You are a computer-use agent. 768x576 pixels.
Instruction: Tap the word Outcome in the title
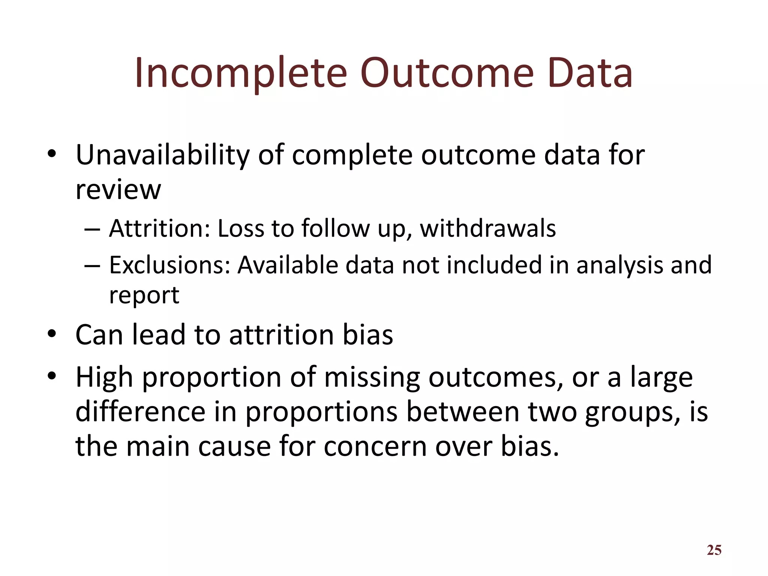click(x=447, y=73)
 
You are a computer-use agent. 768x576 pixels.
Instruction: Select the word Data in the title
click(x=589, y=73)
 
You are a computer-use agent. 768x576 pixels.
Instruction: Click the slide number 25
click(x=714, y=550)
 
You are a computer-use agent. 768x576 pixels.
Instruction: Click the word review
click(x=118, y=189)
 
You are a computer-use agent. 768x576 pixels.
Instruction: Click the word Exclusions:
click(x=169, y=265)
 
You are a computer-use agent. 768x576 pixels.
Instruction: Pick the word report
click(x=144, y=295)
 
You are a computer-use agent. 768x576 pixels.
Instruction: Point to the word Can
click(x=99, y=334)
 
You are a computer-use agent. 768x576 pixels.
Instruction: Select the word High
click(x=104, y=377)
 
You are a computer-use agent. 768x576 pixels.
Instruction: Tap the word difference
click(x=140, y=412)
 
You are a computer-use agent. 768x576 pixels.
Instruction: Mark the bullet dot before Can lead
click(x=52, y=333)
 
